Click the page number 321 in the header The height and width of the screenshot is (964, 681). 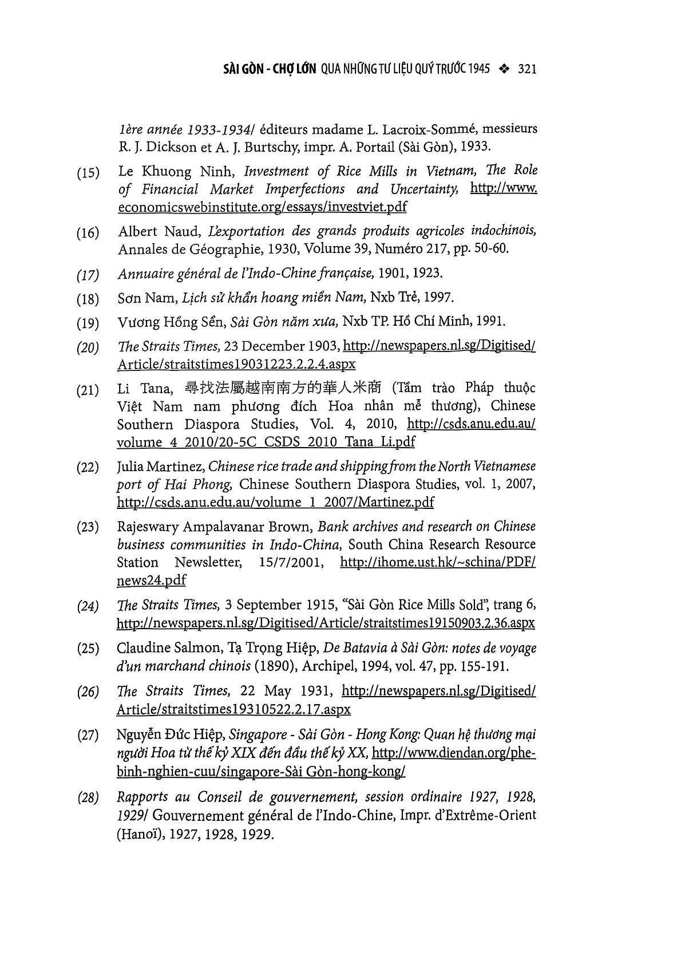pyautogui.click(x=526, y=70)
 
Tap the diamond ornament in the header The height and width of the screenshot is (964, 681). pyautogui.click(x=504, y=70)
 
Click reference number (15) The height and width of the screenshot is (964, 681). pyautogui.click(x=88, y=173)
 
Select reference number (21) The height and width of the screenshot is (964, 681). pyautogui.click(x=88, y=391)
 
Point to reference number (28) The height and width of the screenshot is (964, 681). pyautogui.click(x=88, y=798)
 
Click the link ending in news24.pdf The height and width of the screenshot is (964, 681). pyautogui.click(x=151, y=580)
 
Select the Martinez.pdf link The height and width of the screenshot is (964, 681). pyautogui.click(x=275, y=503)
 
